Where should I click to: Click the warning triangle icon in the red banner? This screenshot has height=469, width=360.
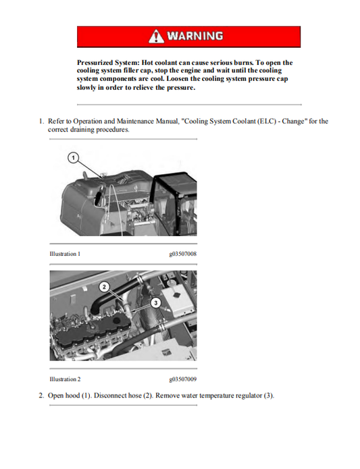click(x=157, y=36)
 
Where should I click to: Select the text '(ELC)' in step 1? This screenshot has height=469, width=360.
click(x=259, y=121)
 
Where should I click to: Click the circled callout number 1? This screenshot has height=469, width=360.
click(x=72, y=158)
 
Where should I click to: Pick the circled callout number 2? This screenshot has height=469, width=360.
click(x=104, y=286)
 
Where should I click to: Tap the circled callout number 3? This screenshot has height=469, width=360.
click(x=155, y=302)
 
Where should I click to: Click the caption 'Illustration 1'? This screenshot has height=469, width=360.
click(x=65, y=254)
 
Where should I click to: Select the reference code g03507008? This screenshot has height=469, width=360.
click(x=182, y=254)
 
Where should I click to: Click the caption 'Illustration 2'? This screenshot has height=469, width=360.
click(x=65, y=379)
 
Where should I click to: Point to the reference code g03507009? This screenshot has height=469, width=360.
click(x=182, y=379)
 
